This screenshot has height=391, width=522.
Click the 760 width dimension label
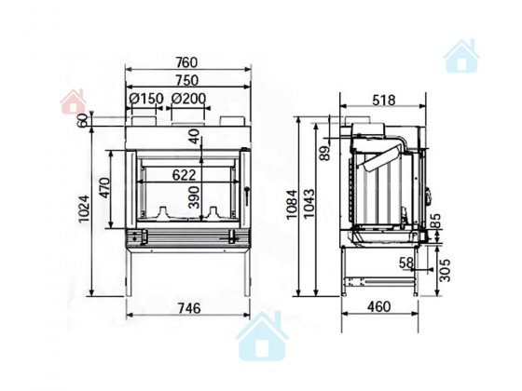tap(186, 62)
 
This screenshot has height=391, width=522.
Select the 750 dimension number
tap(186, 80)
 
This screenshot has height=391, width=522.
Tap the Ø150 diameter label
tap(146, 99)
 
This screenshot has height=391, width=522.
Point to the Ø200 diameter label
tap(188, 99)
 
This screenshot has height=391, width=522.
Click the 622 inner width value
tap(185, 175)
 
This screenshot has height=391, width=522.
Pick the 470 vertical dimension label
tap(104, 188)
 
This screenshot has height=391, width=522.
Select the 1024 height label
tap(84, 209)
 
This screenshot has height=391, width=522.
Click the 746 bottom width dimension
tap(189, 308)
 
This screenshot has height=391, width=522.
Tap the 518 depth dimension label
tap(384, 100)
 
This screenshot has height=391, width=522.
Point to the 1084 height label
tap(292, 204)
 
